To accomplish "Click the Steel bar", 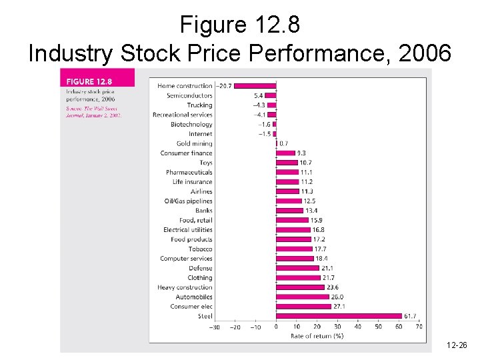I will [339, 316].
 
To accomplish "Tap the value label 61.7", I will [411, 316].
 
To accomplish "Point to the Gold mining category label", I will [194, 143].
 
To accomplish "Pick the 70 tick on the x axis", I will [419, 327].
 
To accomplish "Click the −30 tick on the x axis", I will [215, 327].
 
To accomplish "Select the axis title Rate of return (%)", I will [317, 336].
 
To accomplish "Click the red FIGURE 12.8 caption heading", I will [89, 81].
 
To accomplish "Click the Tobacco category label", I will [200, 249].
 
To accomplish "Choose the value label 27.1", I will [339, 307].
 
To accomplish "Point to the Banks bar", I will [289, 211].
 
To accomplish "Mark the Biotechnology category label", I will [191, 124].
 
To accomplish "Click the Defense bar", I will [297, 268].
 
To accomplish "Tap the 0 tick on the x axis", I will [276, 327].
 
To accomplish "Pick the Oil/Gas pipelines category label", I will [188, 201].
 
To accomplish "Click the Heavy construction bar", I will [300, 287].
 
